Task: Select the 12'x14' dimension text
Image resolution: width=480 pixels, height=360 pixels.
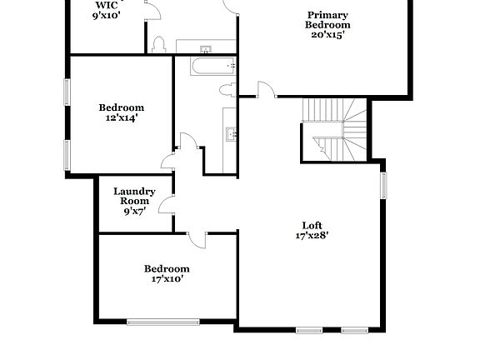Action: [121, 118]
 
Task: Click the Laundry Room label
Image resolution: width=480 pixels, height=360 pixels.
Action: [135, 197]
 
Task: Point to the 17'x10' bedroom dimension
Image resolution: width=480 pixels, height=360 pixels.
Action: [167, 279]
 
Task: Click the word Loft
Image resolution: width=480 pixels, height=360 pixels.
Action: [312, 224]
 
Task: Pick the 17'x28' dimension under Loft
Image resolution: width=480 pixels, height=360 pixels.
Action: [312, 235]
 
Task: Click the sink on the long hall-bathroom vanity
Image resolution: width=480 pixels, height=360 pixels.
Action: [231, 132]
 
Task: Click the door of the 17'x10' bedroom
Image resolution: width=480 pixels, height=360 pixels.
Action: [197, 239]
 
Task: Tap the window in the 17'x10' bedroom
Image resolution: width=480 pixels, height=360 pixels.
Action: [163, 321]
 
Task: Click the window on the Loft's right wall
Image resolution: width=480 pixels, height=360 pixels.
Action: [384, 185]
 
